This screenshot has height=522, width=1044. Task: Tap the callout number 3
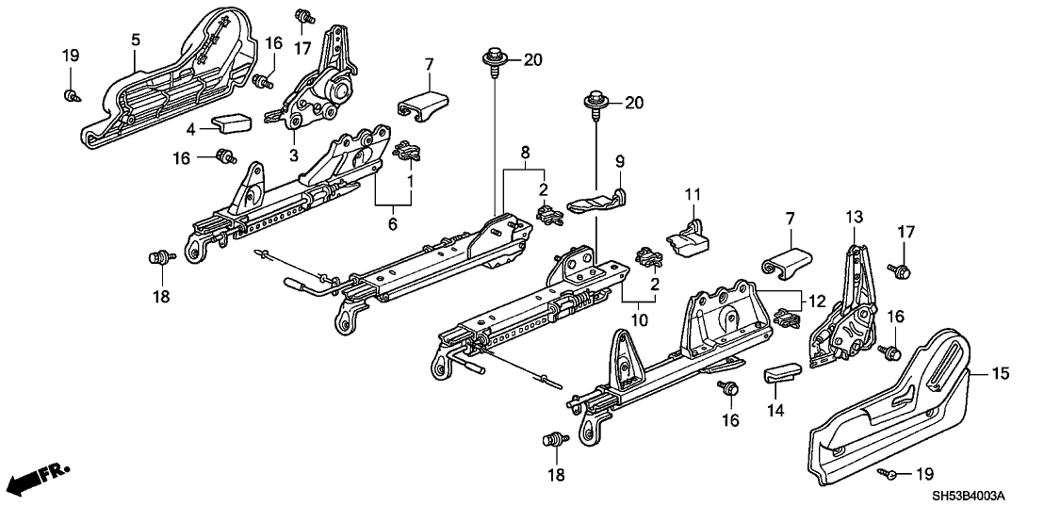pyautogui.click(x=293, y=155)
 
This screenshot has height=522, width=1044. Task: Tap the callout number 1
pyautogui.click(x=408, y=177)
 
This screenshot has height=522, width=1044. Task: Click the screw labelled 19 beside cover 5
pyautogui.click(x=72, y=94)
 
